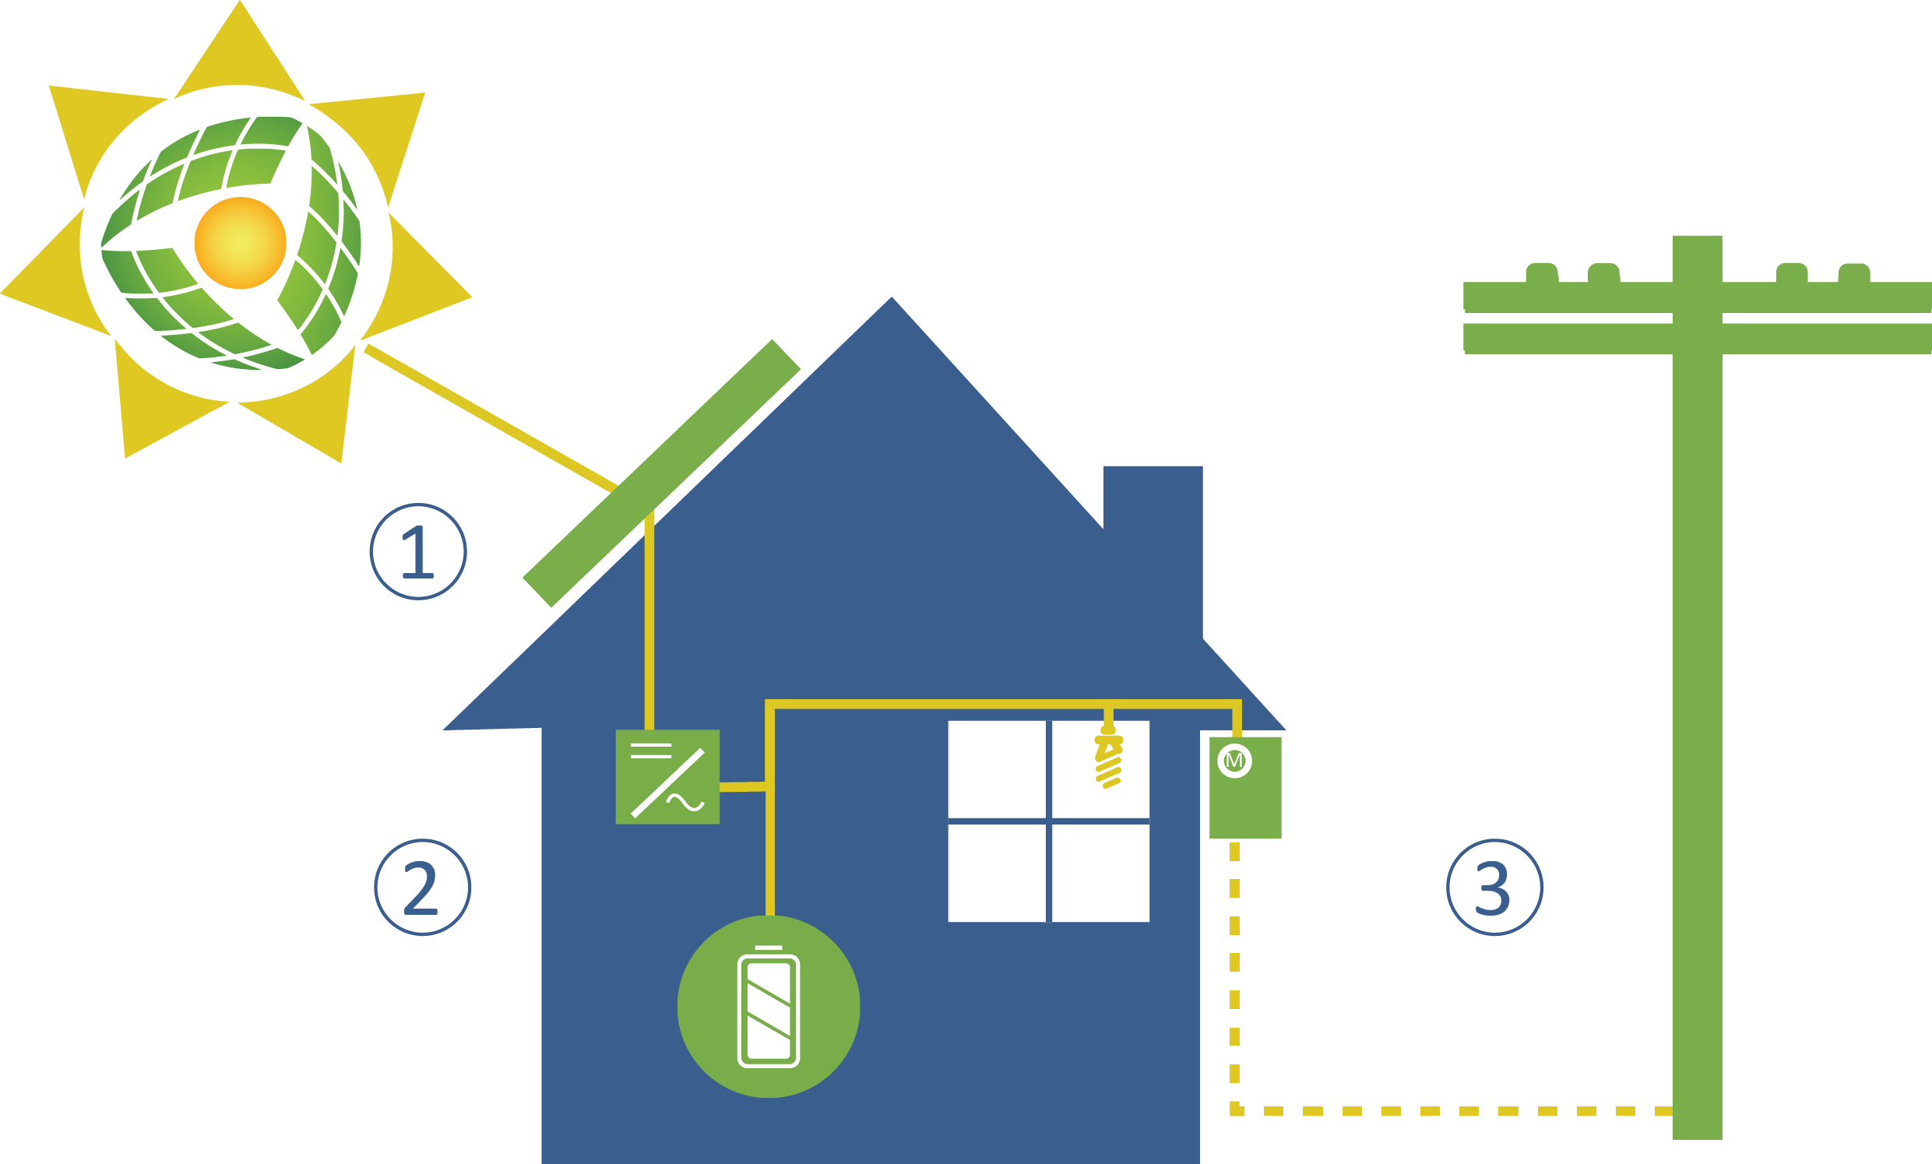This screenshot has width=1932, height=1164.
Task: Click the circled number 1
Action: [418, 552]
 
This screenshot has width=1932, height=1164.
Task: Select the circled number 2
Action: [422, 888]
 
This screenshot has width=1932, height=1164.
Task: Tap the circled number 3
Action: [1494, 888]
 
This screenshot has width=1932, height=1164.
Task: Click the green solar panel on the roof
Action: [661, 473]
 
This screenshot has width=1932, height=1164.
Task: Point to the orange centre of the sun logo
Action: [240, 243]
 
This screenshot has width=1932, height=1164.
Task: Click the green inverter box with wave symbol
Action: [667, 777]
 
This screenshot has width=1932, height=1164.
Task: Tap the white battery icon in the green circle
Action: [769, 1010]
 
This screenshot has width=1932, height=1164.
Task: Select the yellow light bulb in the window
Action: [1109, 760]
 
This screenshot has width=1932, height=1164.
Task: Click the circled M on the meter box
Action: [1234, 761]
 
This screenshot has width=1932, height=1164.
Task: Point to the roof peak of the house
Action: [892, 302]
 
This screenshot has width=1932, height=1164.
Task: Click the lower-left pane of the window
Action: [996, 871]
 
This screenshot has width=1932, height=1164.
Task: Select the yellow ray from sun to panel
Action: [490, 418]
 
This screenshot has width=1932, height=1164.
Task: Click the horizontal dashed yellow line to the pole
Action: [1451, 1111]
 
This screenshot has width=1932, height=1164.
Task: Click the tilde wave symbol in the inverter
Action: [685, 803]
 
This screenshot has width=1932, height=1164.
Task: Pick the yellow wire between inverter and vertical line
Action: [742, 787]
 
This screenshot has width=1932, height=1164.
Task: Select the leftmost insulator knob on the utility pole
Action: [1542, 272]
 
